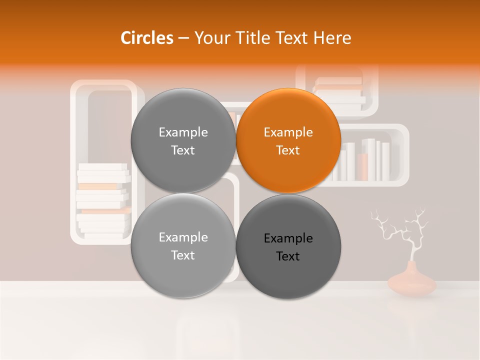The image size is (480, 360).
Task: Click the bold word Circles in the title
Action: (x=146, y=38)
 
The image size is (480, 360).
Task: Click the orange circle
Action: (x=288, y=141)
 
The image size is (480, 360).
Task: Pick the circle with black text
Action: (x=288, y=246)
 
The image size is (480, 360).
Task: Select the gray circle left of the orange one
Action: (x=183, y=141)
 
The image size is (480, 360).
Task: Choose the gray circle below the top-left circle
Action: (x=183, y=246)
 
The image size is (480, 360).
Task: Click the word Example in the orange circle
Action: (x=288, y=132)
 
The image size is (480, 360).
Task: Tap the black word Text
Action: (x=288, y=256)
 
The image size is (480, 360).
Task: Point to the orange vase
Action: (x=412, y=282)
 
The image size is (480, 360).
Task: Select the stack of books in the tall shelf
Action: (x=103, y=200)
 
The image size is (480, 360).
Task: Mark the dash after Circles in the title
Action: (x=183, y=38)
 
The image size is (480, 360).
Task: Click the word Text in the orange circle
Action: (x=288, y=150)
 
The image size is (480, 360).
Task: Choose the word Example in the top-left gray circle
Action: (x=183, y=132)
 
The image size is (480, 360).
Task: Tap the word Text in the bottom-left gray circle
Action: (x=183, y=255)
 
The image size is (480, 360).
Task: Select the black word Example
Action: (x=288, y=238)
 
